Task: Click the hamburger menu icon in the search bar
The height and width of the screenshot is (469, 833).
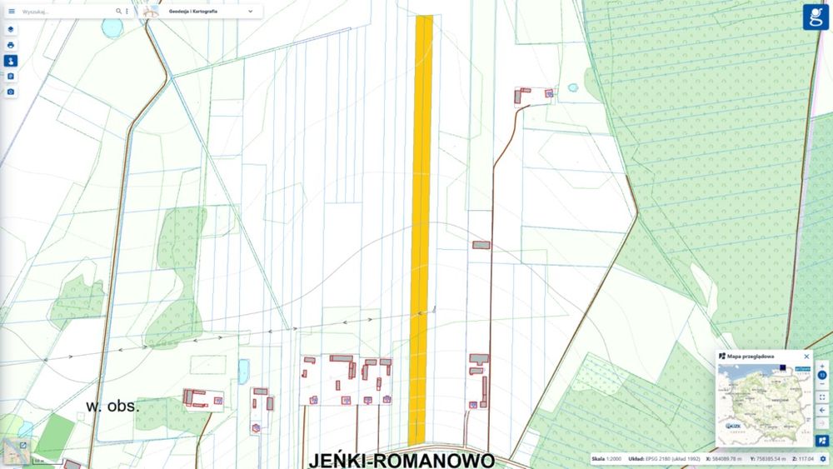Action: (x=12, y=12)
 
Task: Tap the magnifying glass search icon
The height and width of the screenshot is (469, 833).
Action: (x=119, y=12)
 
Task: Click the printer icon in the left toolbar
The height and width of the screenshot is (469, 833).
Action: (x=11, y=45)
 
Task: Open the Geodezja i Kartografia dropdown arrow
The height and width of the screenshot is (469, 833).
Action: (x=251, y=12)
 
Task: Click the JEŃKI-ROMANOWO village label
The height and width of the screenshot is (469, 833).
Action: (x=402, y=460)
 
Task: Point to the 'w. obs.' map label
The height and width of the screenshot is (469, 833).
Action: (x=112, y=407)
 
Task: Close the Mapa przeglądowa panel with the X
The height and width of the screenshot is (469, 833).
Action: (x=806, y=357)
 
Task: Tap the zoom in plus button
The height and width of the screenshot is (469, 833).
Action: (x=822, y=367)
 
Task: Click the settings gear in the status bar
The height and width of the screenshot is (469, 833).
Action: (x=823, y=459)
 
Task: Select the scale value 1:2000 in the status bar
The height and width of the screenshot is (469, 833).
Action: (x=613, y=459)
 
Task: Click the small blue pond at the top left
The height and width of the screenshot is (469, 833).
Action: (x=111, y=27)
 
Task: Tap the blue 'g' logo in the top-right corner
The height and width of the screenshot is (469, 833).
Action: (x=816, y=16)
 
